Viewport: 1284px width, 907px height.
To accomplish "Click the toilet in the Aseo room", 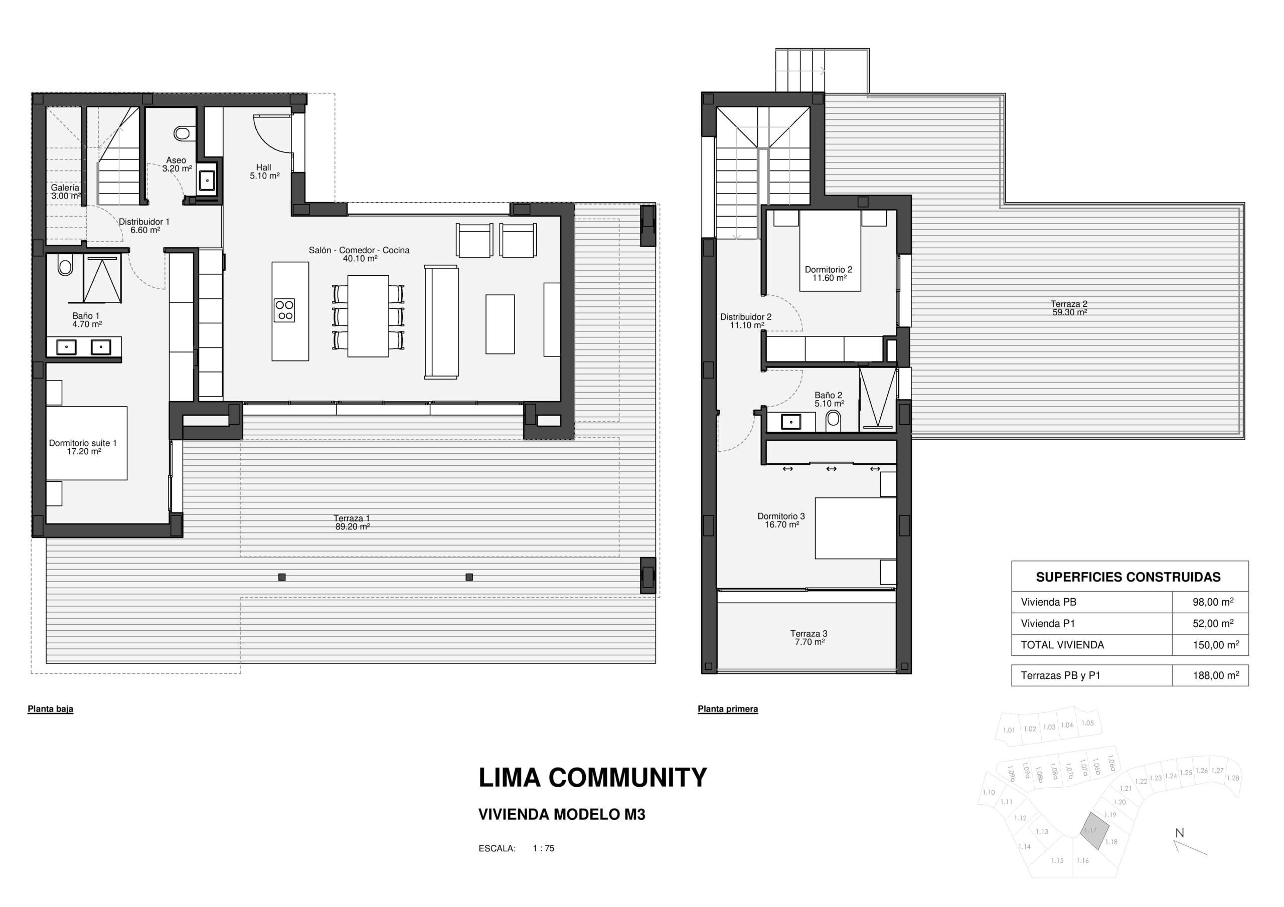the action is point(181,133).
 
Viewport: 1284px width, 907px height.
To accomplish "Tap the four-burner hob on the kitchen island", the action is point(284,310).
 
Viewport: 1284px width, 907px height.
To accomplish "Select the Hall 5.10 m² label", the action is point(264,171).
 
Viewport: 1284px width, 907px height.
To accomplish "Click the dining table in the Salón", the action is point(368,316).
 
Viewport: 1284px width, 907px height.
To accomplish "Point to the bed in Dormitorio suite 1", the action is point(86,443).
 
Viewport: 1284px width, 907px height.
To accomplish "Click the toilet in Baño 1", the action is point(65,266).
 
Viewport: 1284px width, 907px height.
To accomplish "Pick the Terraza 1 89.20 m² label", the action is point(352,522).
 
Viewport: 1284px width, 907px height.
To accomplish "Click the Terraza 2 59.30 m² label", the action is point(1069,308).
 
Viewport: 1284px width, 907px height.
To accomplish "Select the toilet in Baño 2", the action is point(833,421).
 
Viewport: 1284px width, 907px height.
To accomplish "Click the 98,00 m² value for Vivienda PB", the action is point(1213,602).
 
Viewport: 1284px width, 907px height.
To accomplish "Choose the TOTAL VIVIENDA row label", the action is point(1062,645).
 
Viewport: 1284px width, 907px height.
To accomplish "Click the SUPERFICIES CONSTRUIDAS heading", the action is point(1128,577).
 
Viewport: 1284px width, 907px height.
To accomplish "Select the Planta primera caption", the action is point(728,709).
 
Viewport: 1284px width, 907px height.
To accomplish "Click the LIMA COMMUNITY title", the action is point(593,777).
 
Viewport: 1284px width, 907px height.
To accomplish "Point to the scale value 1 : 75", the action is point(543,848).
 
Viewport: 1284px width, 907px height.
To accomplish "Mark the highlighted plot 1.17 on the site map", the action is point(1094,831).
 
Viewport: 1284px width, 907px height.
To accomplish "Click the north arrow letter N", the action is point(1179,833).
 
